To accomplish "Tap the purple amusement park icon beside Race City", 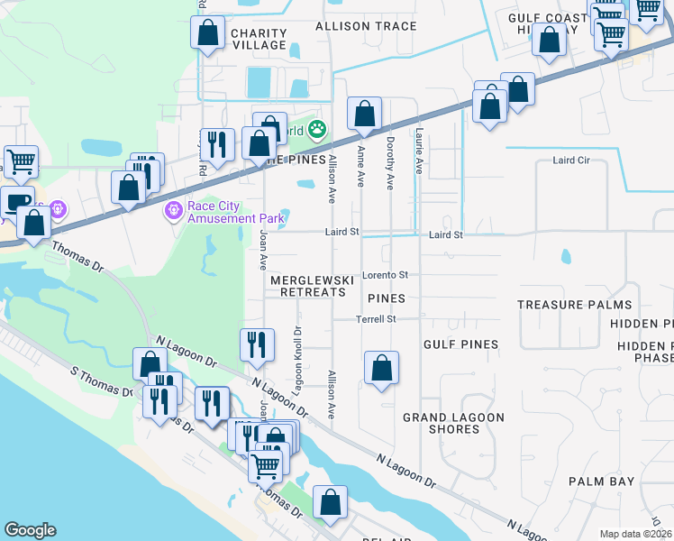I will click(x=172, y=211).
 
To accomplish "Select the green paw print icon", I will click(x=316, y=130).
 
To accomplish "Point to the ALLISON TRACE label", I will click(x=366, y=26).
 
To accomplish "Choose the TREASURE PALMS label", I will click(x=574, y=305).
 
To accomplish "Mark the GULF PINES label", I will click(x=460, y=344).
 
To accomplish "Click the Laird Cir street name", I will click(x=570, y=160).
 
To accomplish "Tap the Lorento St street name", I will click(x=385, y=274).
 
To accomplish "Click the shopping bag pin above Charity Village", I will click(x=207, y=33).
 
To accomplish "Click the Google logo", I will click(x=30, y=530).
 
